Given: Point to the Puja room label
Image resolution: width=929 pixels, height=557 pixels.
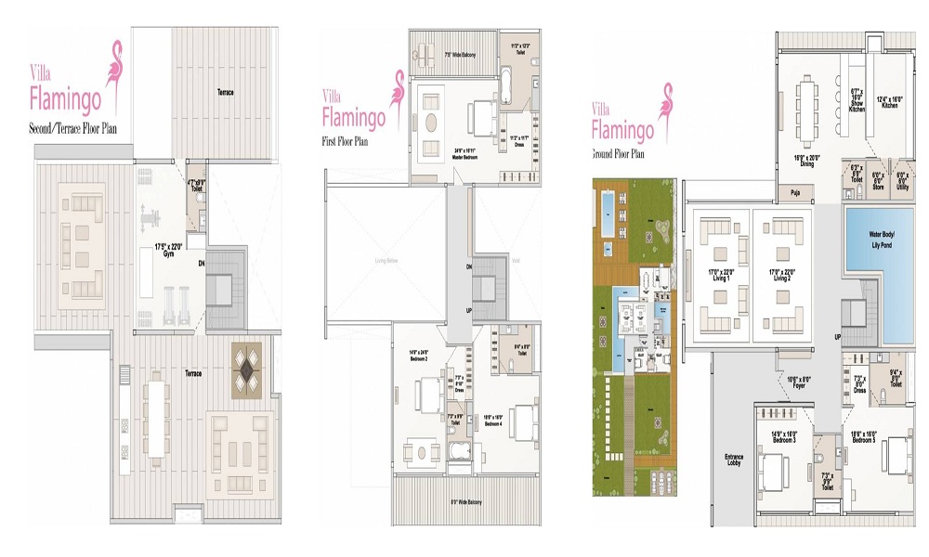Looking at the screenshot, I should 794,193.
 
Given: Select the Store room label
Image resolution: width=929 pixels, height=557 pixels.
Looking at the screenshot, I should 877,185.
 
